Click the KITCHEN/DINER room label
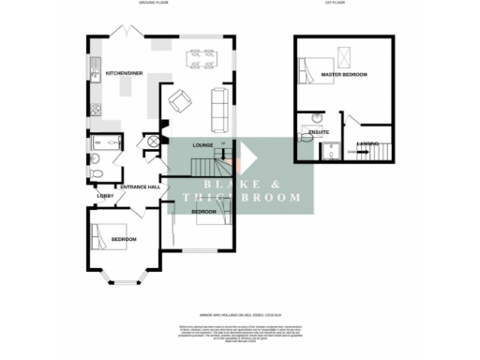124,73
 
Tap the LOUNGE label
203,145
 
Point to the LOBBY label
104,195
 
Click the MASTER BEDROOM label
343,73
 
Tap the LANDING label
368,143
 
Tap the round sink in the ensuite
307,119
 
